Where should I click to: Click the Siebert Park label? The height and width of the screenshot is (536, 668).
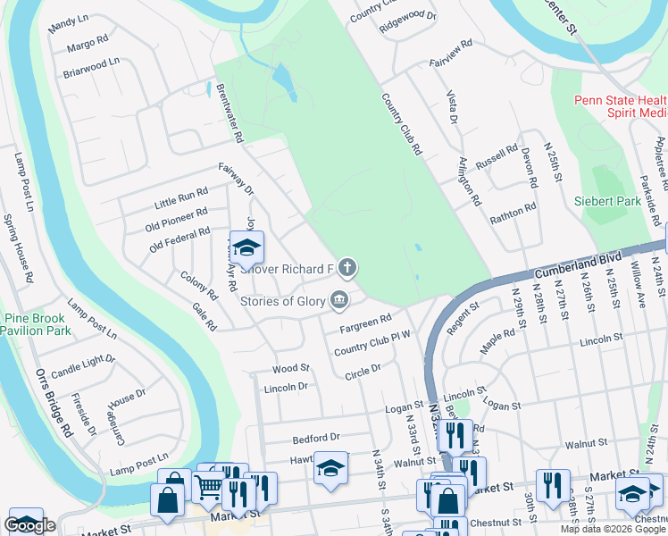(607, 201)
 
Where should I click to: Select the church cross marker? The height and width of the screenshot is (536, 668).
(347, 267)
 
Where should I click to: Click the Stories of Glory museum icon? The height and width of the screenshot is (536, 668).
(339, 300)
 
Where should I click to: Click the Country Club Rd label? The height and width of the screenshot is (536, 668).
(401, 125)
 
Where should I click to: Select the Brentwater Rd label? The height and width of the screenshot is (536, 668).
(229, 113)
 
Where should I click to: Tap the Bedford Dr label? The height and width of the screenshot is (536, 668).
(316, 438)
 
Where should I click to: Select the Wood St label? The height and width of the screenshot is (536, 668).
(291, 367)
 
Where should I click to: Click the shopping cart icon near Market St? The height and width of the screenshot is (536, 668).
(208, 488)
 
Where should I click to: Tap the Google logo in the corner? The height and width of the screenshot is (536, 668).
(29, 525)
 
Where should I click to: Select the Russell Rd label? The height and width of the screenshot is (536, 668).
(497, 158)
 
